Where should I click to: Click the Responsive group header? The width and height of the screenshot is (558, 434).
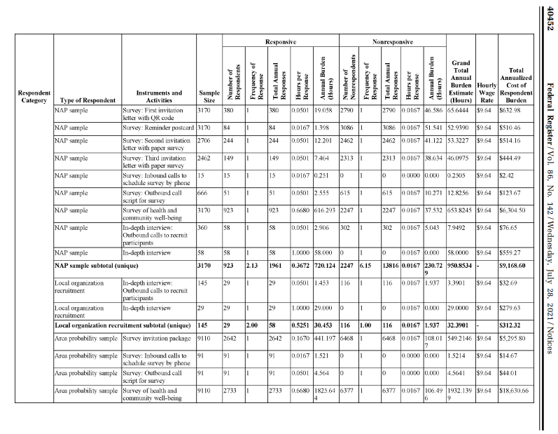275,42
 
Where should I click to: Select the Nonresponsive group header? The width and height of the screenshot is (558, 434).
392,42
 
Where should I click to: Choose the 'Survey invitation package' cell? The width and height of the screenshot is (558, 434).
153,358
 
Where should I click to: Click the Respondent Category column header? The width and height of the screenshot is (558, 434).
34,96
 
